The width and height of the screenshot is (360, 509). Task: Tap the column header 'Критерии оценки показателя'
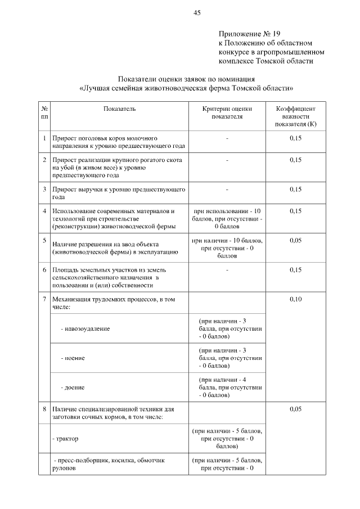point(227,112)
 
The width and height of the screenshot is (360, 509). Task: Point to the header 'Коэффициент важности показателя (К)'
point(295,116)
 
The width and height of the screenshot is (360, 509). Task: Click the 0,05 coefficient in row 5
point(295,240)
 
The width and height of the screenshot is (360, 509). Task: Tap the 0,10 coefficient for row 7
point(295,299)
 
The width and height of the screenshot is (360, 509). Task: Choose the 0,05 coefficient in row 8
point(295,409)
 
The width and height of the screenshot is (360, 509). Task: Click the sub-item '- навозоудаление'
point(85,328)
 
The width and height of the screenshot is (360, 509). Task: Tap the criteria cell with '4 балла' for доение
point(227,388)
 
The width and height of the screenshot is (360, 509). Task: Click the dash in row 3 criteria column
point(227,190)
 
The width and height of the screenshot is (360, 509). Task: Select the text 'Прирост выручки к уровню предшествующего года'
point(118,193)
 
